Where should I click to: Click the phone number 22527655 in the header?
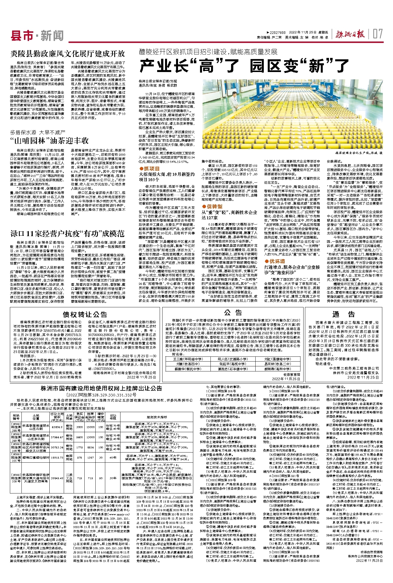(278, 32)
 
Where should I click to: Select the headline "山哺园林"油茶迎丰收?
(50, 140)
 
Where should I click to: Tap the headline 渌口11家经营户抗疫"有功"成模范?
(68, 233)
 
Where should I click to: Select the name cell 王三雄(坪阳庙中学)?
(188, 359)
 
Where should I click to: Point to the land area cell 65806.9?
(57, 427)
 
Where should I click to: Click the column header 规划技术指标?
(157, 417)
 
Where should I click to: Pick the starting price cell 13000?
(90, 437)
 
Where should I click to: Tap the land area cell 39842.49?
(57, 478)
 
